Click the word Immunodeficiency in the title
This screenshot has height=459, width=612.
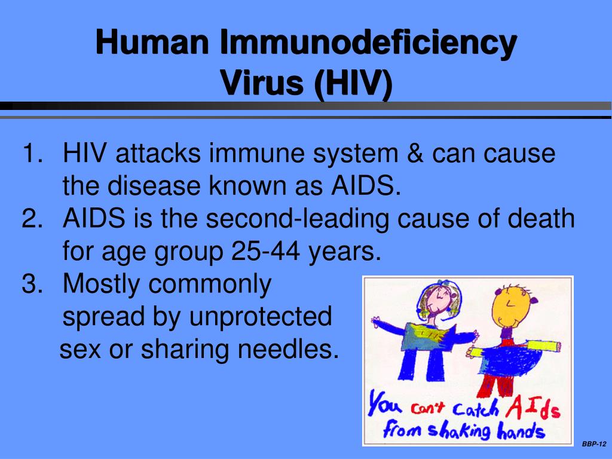[368, 43]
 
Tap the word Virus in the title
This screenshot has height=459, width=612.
[262, 82]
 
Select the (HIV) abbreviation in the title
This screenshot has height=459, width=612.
[353, 84]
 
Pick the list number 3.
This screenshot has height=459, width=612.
[32, 283]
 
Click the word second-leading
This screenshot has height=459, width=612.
[298, 219]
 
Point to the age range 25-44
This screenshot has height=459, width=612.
[266, 251]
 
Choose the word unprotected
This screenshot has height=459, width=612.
[261, 317]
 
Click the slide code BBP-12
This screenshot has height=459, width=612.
[594, 444]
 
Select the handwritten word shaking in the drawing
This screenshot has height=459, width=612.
[459, 431]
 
